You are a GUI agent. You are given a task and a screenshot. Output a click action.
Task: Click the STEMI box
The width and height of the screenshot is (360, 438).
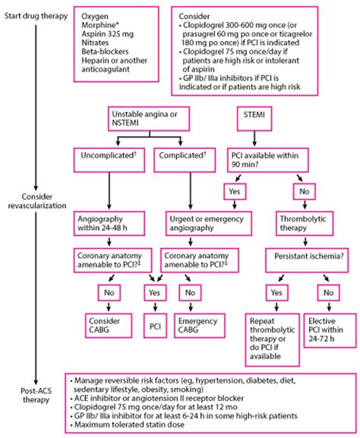(x=254, y=118)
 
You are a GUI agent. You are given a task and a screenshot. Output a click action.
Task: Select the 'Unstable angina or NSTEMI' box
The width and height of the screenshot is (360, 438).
(x=150, y=118)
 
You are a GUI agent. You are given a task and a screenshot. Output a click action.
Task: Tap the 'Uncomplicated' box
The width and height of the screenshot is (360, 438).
(x=109, y=160)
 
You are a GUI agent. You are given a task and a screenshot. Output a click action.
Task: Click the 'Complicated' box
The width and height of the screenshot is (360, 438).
(x=185, y=160)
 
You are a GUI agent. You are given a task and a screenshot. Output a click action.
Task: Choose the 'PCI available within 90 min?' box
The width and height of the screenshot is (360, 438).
(x=268, y=160)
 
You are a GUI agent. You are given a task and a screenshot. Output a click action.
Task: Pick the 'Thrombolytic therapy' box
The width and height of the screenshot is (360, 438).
(x=305, y=223)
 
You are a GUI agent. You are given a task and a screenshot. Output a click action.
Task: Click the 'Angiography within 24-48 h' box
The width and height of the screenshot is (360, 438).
(x=109, y=223)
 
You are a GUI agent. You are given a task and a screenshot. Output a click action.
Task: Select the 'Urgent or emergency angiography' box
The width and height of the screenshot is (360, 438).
(x=209, y=223)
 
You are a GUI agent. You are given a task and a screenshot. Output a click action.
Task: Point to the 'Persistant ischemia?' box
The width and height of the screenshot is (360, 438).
(x=307, y=260)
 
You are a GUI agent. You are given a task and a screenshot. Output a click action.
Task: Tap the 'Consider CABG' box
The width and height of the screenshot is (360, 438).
(x=109, y=326)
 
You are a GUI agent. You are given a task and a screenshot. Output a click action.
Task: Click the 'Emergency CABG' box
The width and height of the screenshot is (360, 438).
(x=200, y=326)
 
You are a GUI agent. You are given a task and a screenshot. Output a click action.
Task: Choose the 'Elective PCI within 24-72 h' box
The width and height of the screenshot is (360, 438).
(x=330, y=330)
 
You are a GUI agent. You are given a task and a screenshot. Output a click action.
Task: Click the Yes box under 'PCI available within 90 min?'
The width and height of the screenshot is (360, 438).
(x=235, y=191)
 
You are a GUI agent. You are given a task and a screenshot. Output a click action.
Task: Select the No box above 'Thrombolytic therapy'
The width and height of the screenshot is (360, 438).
(x=305, y=191)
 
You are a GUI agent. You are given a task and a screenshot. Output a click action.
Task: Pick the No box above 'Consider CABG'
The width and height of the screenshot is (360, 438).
(x=109, y=293)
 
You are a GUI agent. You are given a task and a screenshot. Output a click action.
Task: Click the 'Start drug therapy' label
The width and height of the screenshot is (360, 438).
(x=36, y=16)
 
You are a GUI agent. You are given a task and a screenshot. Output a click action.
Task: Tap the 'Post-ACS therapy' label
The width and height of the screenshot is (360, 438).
(x=36, y=395)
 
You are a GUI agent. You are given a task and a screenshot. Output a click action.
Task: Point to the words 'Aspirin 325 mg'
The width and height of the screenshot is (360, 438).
(x=108, y=34)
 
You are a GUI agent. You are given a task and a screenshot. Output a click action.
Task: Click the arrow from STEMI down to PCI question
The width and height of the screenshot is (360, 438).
(x=254, y=138)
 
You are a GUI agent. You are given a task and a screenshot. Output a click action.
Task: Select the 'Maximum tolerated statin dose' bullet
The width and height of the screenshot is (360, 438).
(x=129, y=425)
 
